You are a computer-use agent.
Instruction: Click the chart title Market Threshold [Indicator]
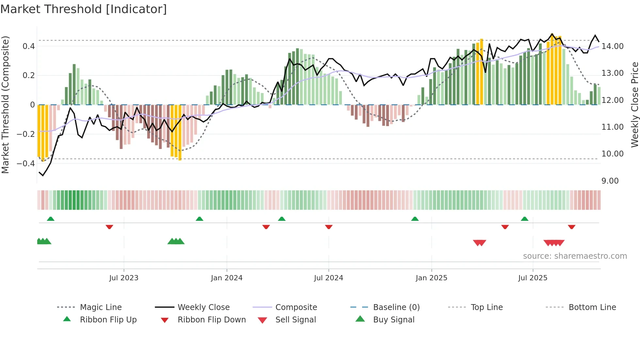(84, 9)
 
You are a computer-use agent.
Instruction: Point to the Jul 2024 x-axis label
(328, 278)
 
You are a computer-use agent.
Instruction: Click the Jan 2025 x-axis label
(431, 278)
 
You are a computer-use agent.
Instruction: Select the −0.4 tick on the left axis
(26, 163)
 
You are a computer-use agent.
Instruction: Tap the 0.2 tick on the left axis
(29, 75)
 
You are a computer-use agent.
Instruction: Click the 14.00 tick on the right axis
(613, 46)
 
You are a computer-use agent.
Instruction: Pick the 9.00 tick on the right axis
(610, 181)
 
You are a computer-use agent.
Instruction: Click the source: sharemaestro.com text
(575, 256)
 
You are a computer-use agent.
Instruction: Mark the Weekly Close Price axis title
(634, 105)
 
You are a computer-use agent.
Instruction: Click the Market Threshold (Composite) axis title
(5, 105)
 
